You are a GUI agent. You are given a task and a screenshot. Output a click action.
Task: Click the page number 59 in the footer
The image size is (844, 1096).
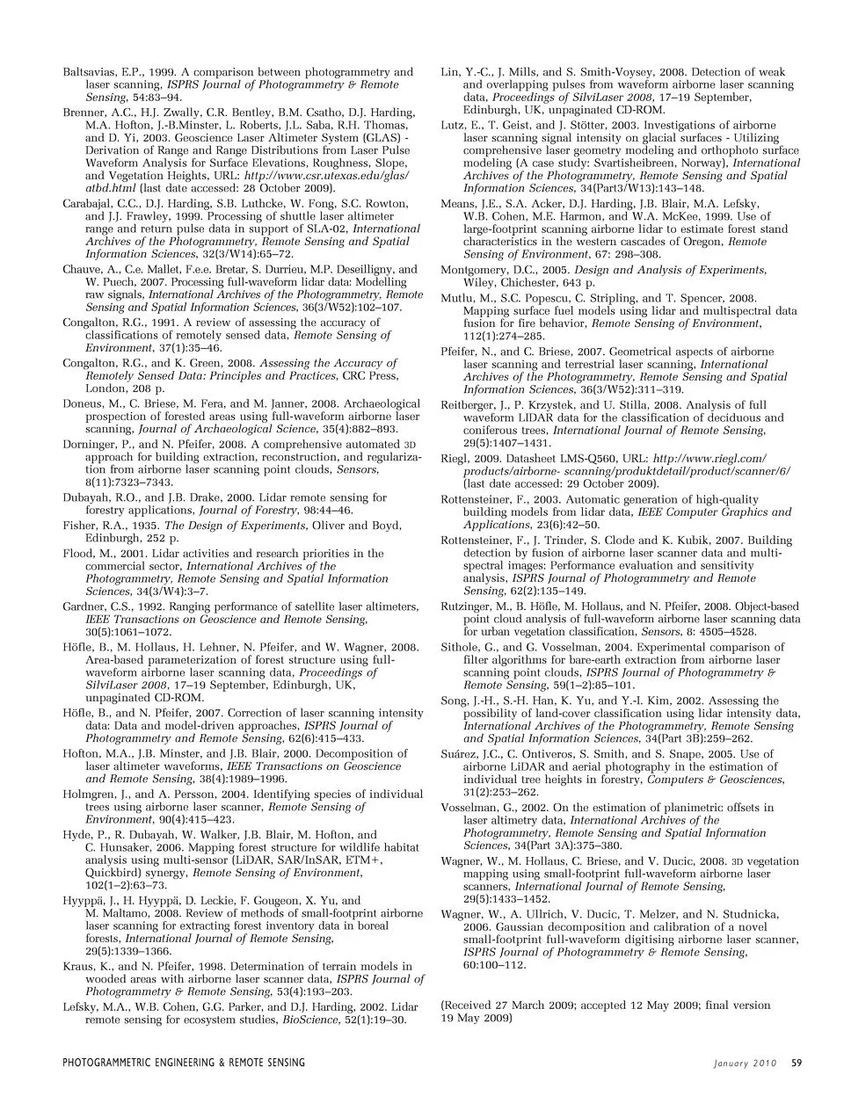pos(796,1063)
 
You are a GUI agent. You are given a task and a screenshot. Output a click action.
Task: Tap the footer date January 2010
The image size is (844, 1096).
pos(746,1063)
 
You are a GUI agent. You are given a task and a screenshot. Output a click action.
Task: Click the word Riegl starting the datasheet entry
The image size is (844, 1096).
pos(454,459)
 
